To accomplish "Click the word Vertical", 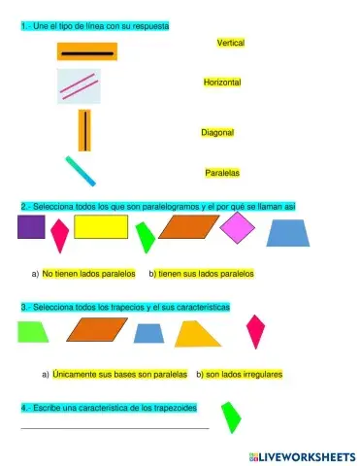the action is pos(231,44).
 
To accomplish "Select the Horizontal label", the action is pos(222,83).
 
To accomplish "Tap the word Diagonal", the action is pos(217,132).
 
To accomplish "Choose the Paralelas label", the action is pos(222,173).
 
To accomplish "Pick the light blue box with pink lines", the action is pos(79,87).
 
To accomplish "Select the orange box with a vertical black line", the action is pos(84,130).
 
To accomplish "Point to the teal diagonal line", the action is pos(81,171).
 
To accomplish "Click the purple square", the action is pos(31,227).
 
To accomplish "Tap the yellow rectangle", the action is pos(101,227).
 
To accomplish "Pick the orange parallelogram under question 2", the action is pos(188,227).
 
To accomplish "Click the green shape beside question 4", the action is pos(230,417).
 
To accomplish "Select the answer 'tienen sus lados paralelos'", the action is pos(205,274).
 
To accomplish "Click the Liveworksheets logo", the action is pos(295,455).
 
